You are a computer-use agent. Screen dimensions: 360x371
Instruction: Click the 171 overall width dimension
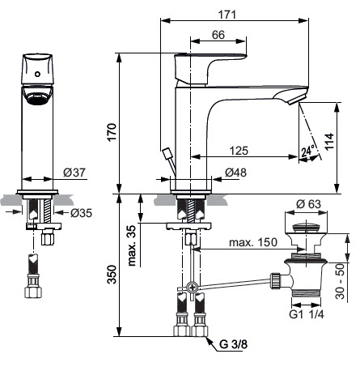(x=227, y=15)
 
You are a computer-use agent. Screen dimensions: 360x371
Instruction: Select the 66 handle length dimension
(x=218, y=35)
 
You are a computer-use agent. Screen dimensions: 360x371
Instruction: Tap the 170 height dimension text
(x=112, y=132)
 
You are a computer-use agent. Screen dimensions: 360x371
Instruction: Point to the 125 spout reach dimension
(x=239, y=151)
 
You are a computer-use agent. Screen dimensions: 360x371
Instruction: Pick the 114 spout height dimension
(x=329, y=141)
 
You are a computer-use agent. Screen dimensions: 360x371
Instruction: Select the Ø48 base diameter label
(x=235, y=173)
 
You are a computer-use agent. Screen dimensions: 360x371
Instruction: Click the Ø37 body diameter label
(x=74, y=173)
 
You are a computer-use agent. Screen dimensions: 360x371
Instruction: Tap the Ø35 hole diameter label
(x=81, y=213)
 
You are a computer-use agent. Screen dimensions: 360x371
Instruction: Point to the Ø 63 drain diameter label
(x=308, y=204)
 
